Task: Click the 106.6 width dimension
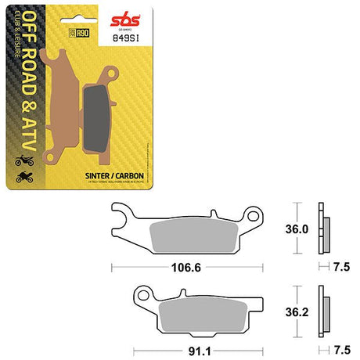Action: [x=182, y=268]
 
